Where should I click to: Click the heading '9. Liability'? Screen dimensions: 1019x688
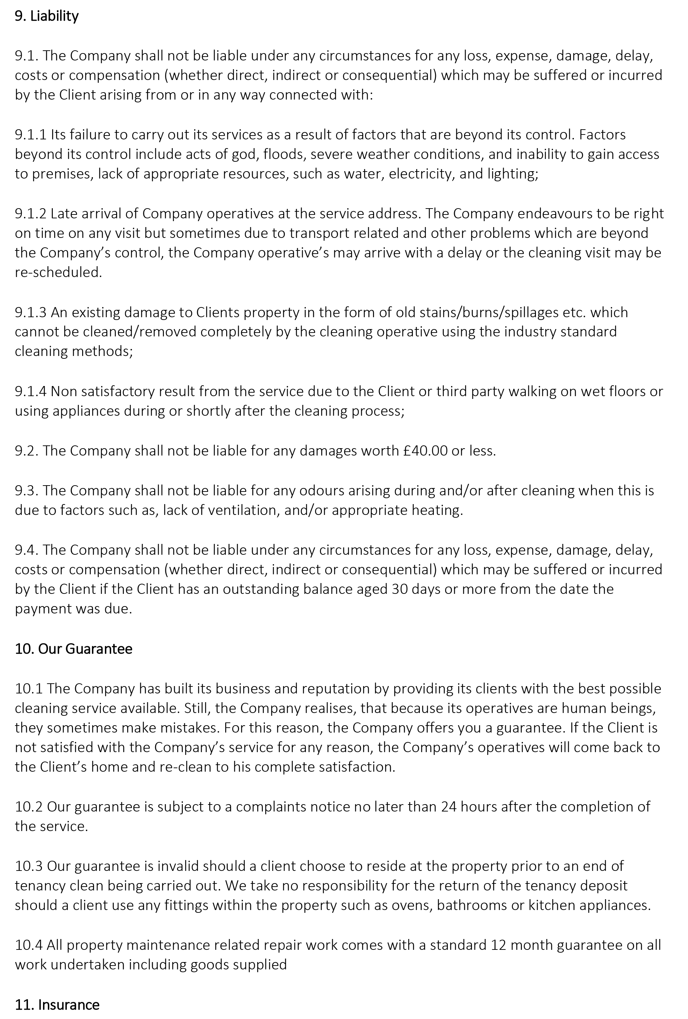46,16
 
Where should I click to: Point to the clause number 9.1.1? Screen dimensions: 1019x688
31,134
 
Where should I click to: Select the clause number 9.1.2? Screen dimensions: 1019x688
31,213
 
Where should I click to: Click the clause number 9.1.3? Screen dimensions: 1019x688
31,312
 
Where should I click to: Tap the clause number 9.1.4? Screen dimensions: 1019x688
31,391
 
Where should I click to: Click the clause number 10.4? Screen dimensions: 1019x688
29,945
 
